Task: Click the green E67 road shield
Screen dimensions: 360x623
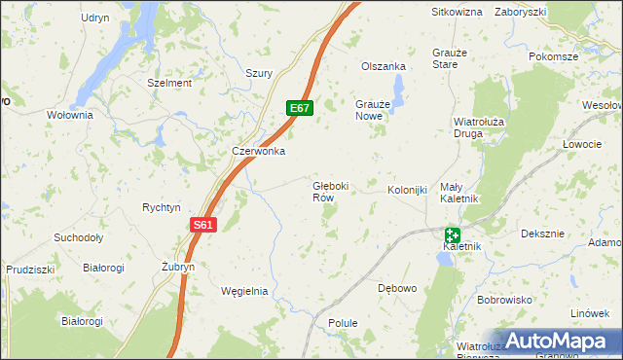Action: (x=300, y=108)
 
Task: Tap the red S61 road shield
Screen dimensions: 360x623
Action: (x=202, y=225)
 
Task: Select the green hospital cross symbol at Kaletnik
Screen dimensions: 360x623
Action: (x=453, y=234)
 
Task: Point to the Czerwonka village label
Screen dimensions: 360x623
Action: (x=258, y=151)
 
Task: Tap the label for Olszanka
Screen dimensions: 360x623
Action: (x=383, y=66)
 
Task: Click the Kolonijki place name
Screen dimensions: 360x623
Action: (x=408, y=190)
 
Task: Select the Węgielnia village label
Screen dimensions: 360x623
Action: (x=244, y=291)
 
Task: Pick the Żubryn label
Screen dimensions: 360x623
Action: (x=178, y=267)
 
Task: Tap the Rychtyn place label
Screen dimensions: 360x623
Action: (x=162, y=207)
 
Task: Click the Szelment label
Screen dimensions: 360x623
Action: (x=169, y=83)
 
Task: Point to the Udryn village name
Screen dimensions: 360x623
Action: (x=95, y=18)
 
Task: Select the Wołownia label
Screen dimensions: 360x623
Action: (x=69, y=115)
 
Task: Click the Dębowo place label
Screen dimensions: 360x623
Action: (x=396, y=288)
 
